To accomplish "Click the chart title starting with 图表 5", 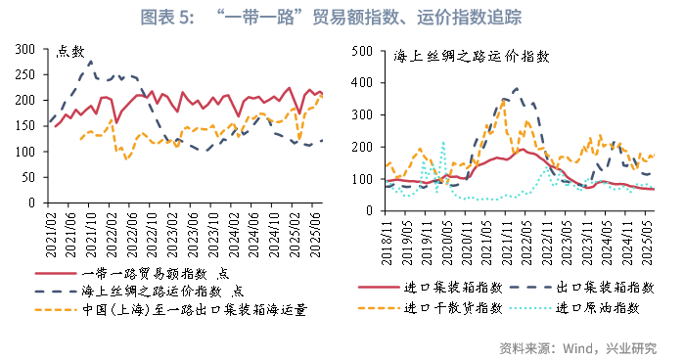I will click(x=342, y=17).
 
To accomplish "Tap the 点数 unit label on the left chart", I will click(x=70, y=52).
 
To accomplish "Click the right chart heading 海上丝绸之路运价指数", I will click(x=456, y=58).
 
